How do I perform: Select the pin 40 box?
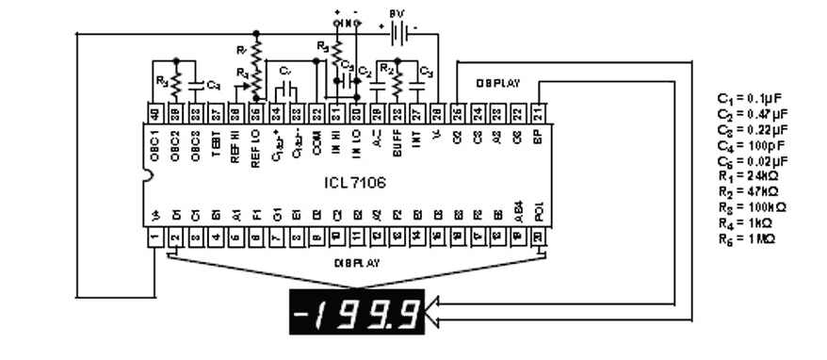154,113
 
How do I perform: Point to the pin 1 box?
154,239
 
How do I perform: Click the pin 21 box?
538,113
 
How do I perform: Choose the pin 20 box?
538,239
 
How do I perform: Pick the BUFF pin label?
397,144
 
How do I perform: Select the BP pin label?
538,136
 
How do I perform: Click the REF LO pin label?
255,149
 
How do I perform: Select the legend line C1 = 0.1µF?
752,99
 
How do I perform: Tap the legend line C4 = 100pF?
752,145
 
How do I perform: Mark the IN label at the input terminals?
348,23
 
